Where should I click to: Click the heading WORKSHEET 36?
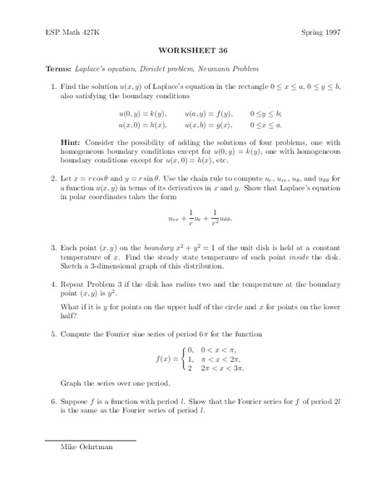pos(192,47)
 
